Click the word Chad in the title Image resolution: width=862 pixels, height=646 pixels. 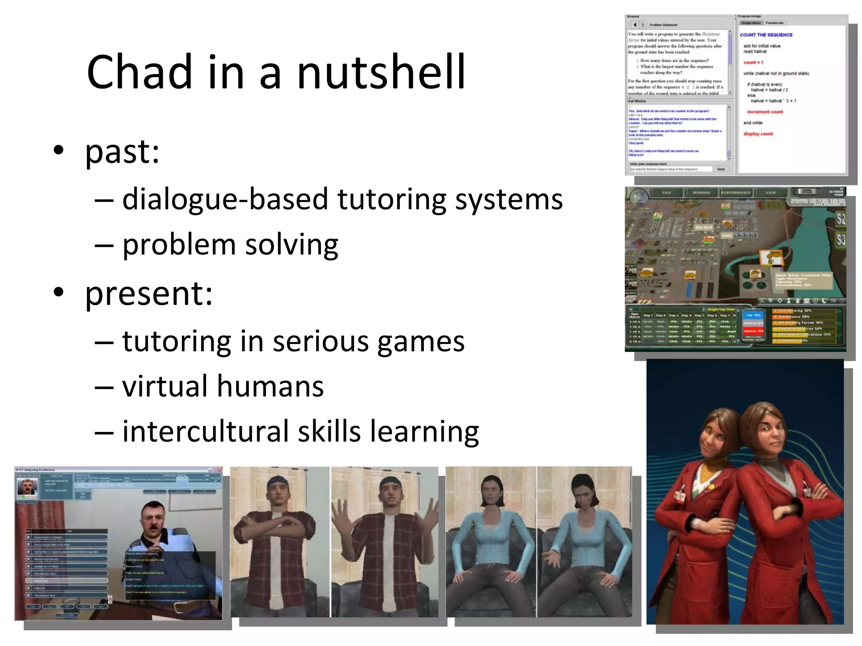pyautogui.click(x=139, y=72)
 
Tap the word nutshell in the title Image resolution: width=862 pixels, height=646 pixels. pyautogui.click(x=381, y=72)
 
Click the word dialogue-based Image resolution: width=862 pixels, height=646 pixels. pyautogui.click(x=225, y=199)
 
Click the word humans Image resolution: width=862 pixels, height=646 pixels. pyautogui.click(x=270, y=386)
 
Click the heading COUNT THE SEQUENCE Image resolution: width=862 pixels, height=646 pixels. pyautogui.click(x=766, y=35)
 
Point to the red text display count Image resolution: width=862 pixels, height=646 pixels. pyautogui.click(x=758, y=134)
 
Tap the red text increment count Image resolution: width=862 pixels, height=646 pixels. pyautogui.click(x=765, y=112)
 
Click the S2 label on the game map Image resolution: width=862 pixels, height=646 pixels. pyautogui.click(x=841, y=219)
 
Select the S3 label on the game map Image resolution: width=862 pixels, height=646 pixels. pyautogui.click(x=841, y=240)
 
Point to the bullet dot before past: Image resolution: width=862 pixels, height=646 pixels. pyautogui.click(x=59, y=150)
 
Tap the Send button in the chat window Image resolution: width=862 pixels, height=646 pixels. pyautogui.click(x=721, y=169)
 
